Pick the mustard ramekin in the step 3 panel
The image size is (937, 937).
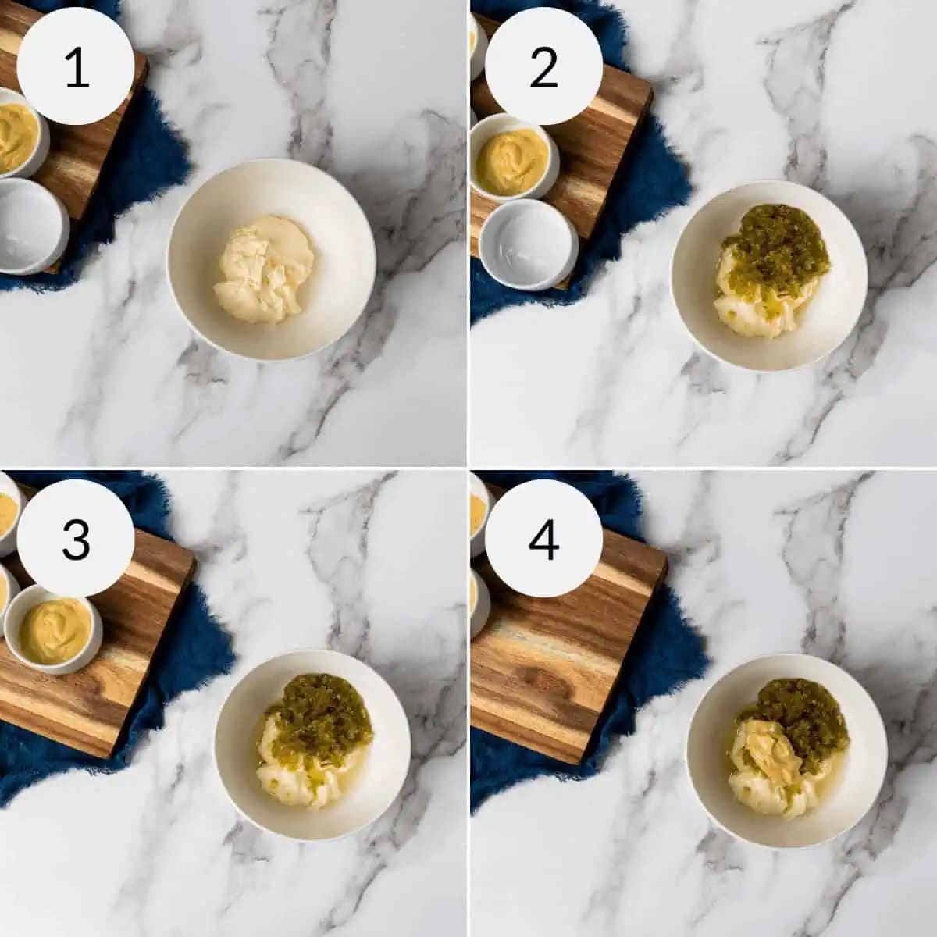click(54, 629)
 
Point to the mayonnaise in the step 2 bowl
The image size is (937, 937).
click(758, 312)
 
